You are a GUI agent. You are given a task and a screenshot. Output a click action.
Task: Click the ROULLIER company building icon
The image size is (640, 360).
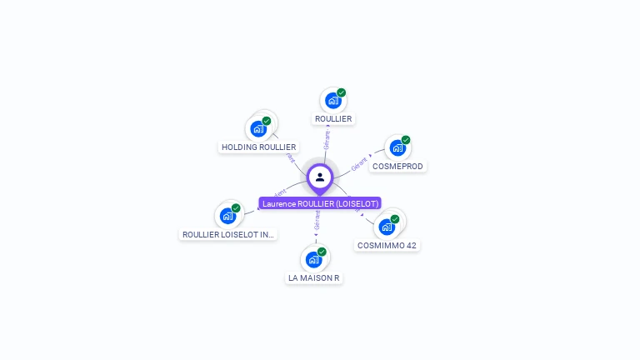pyautogui.click(x=333, y=102)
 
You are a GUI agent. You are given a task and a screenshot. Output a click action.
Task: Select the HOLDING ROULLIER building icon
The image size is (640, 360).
pyautogui.click(x=258, y=129)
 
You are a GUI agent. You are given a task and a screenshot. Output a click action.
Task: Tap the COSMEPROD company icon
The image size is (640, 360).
pyautogui.click(x=397, y=148)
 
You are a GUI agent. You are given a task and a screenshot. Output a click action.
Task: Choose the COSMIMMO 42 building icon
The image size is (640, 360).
pyautogui.click(x=387, y=227)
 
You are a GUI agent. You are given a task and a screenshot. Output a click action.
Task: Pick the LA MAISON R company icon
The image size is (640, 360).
pyautogui.click(x=313, y=259)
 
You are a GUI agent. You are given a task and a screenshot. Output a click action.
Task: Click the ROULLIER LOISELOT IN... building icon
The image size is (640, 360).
pyautogui.click(x=227, y=216)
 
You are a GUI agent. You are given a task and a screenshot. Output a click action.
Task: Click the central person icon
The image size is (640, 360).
pyautogui.click(x=320, y=177)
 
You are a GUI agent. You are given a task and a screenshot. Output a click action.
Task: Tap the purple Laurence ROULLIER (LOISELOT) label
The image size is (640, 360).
pyautogui.click(x=320, y=203)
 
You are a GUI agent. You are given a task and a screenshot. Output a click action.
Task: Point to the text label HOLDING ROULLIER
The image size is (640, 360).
pyautogui.click(x=258, y=147)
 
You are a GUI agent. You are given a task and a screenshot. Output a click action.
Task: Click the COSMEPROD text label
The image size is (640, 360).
pyautogui.click(x=397, y=167)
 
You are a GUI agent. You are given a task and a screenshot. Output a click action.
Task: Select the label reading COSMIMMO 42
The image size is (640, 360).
pyautogui.click(x=387, y=246)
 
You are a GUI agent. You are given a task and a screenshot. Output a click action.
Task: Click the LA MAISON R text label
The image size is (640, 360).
pyautogui.click(x=313, y=277)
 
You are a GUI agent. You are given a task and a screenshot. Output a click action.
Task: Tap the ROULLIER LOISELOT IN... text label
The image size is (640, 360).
pyautogui.click(x=228, y=235)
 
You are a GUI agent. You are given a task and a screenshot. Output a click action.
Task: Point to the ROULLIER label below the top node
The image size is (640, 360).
pyautogui.click(x=333, y=119)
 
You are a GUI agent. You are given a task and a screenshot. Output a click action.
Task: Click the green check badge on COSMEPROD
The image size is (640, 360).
pyautogui.click(x=406, y=140)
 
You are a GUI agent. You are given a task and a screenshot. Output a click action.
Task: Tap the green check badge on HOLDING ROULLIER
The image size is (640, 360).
pyautogui.click(x=267, y=121)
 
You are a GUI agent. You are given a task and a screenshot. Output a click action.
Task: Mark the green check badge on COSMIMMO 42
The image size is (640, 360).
pyautogui.click(x=395, y=219)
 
